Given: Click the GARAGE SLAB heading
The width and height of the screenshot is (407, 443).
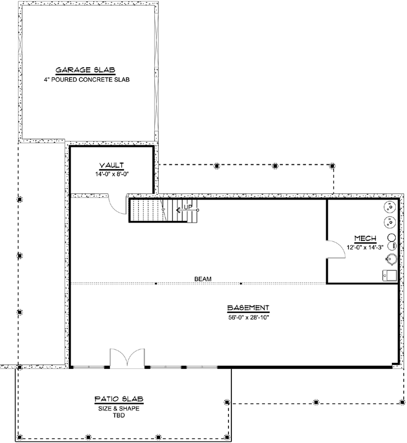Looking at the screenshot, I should (x=86, y=70).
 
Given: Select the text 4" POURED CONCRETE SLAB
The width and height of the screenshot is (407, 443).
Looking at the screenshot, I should (x=86, y=80).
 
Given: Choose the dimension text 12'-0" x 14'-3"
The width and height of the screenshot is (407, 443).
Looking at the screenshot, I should (x=364, y=247).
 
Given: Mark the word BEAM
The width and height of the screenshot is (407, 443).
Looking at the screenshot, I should (x=203, y=278).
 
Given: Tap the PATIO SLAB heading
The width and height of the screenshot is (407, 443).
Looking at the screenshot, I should (x=118, y=399).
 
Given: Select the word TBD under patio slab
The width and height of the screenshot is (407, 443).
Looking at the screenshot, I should (x=118, y=416).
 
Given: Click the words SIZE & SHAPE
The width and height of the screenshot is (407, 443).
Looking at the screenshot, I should (x=118, y=408).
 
